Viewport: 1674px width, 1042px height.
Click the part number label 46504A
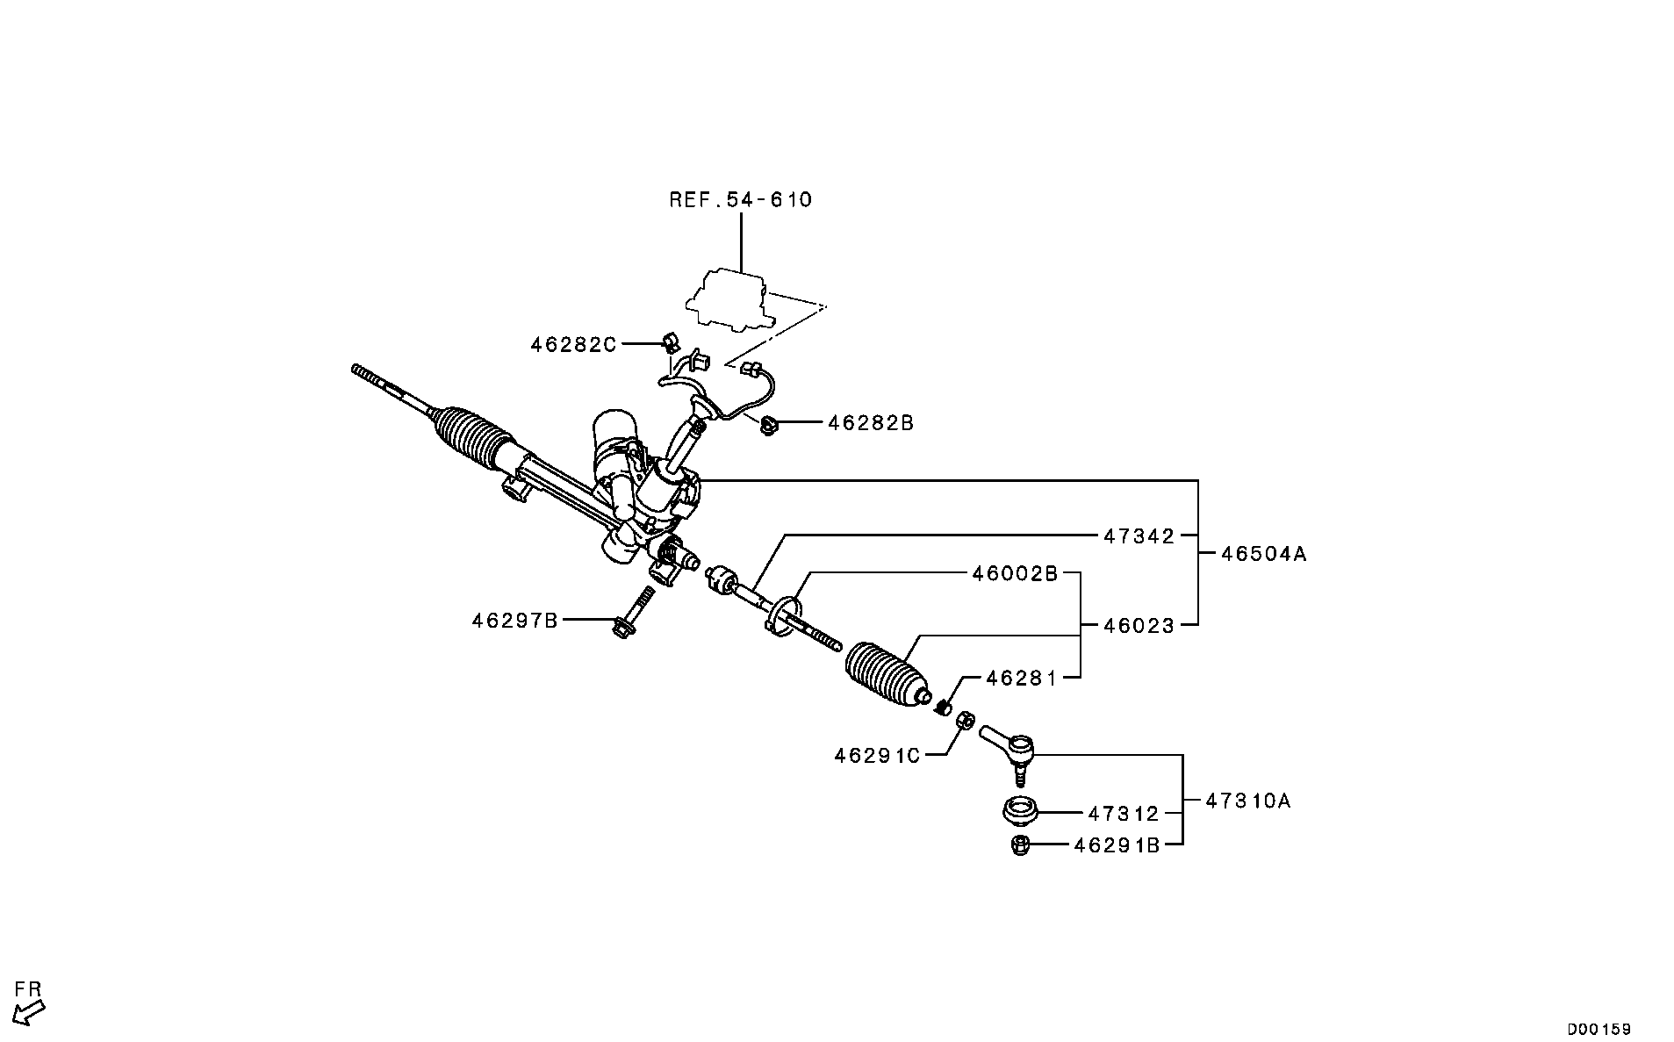(x=1264, y=554)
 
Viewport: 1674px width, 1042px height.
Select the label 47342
(x=1139, y=535)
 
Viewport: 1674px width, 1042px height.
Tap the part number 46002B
(x=1014, y=574)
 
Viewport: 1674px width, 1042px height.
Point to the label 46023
(x=1139, y=626)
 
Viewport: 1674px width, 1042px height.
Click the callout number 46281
(x=1021, y=679)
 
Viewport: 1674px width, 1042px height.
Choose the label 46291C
(x=877, y=755)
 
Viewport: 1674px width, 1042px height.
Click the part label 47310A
(x=1247, y=801)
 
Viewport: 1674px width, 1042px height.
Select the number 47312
(x=1124, y=814)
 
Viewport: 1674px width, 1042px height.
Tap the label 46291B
(x=1117, y=845)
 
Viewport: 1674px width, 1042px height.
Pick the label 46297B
(x=514, y=621)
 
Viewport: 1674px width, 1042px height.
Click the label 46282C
(x=573, y=345)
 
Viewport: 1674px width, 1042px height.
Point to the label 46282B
(x=871, y=423)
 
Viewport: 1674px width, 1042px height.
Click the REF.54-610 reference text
(x=741, y=200)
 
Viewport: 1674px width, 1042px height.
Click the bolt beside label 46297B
(x=634, y=611)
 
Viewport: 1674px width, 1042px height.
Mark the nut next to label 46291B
(x=1019, y=846)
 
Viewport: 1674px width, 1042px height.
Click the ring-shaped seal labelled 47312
(x=1020, y=810)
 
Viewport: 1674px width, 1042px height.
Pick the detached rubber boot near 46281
(x=885, y=674)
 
